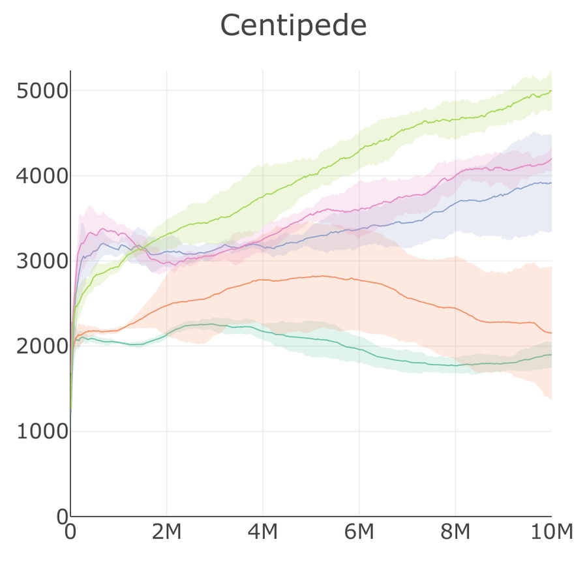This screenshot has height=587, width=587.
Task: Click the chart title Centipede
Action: pyautogui.click(x=293, y=26)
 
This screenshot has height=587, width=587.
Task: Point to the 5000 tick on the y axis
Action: pyautogui.click(x=42, y=91)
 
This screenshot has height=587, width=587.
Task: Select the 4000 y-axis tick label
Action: pyautogui.click(x=42, y=176)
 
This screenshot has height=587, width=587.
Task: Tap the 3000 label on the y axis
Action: pyautogui.click(x=42, y=261)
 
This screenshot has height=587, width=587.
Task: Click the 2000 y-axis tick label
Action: pyautogui.click(x=42, y=346)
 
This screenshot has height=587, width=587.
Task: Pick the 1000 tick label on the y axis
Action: pyautogui.click(x=42, y=431)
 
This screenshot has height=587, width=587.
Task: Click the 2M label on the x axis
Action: pyautogui.click(x=166, y=532)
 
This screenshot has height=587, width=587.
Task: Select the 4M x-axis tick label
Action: pyautogui.click(x=263, y=532)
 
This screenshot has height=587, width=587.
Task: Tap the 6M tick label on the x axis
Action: pyautogui.click(x=359, y=532)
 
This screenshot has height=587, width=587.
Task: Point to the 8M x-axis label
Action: pyautogui.click(x=455, y=532)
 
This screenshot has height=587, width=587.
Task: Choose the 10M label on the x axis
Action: pyautogui.click(x=551, y=532)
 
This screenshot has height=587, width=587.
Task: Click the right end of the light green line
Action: pyautogui.click(x=551, y=91)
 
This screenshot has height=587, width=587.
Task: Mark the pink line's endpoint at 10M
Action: pyautogui.click(x=551, y=158)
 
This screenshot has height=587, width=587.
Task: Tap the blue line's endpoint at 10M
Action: pyautogui.click(x=551, y=183)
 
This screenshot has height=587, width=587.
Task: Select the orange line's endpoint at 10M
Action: pyautogui.click(x=551, y=333)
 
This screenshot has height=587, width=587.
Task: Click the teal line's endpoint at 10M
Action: pyautogui.click(x=551, y=355)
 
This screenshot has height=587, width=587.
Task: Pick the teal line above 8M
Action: pyautogui.click(x=455, y=365)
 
